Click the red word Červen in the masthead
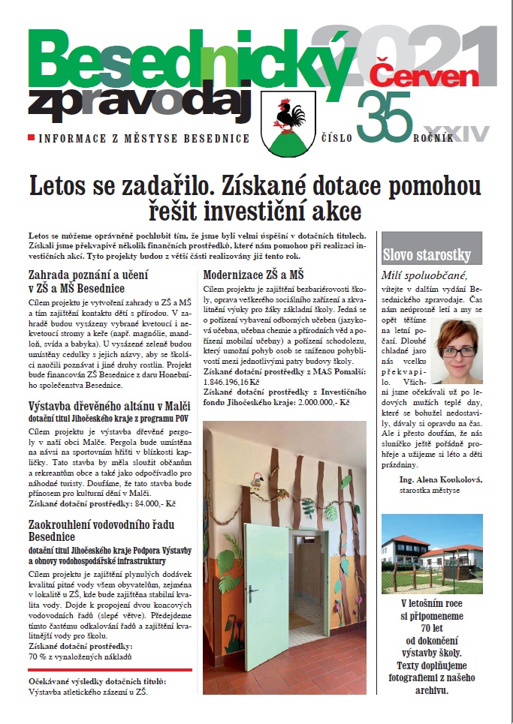pos(425,72)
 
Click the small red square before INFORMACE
pos(30,139)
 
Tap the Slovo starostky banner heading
pos(427,253)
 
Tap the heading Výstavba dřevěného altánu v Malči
pos(104,407)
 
